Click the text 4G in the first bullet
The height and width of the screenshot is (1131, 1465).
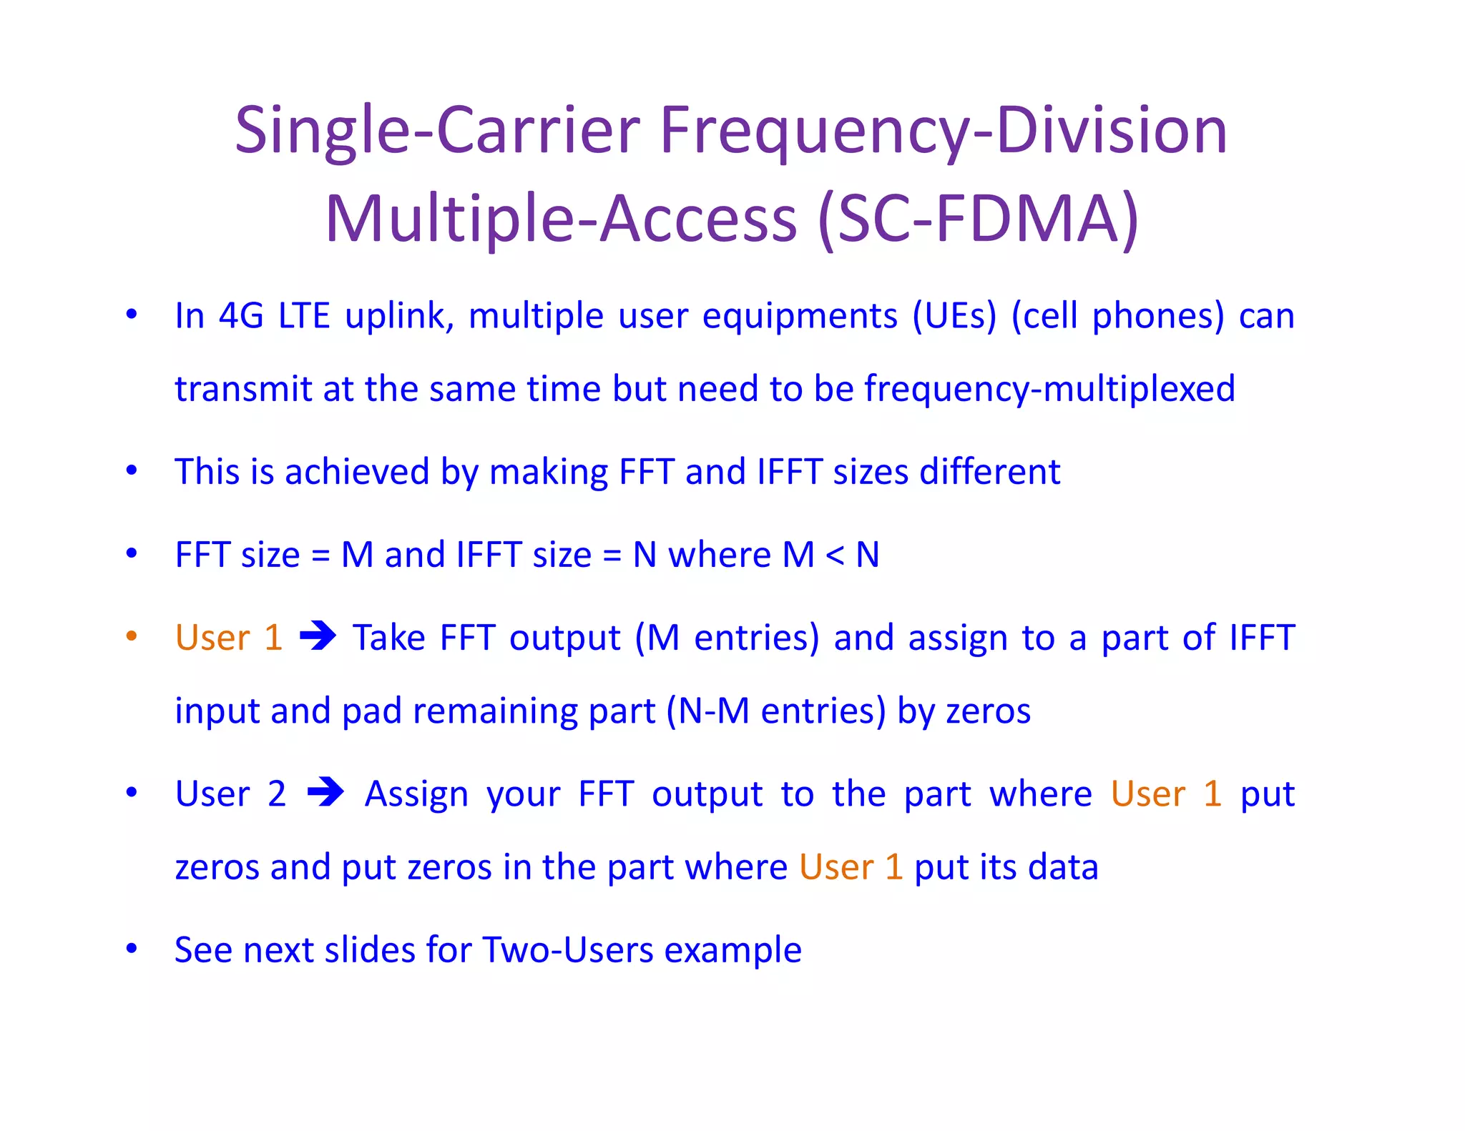(241, 316)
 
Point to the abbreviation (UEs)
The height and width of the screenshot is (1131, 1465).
(954, 317)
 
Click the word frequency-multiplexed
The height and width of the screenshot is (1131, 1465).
(1049, 390)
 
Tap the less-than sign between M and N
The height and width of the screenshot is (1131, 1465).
(835, 555)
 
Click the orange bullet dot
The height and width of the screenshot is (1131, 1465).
(132, 636)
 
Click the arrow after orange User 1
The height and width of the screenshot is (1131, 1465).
(318, 636)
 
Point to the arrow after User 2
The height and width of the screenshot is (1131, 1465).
(325, 792)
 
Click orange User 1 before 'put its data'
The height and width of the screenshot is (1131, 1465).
(851, 867)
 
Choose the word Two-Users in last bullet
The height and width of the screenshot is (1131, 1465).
(567, 951)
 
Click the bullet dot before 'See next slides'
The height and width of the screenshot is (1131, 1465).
(132, 949)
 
